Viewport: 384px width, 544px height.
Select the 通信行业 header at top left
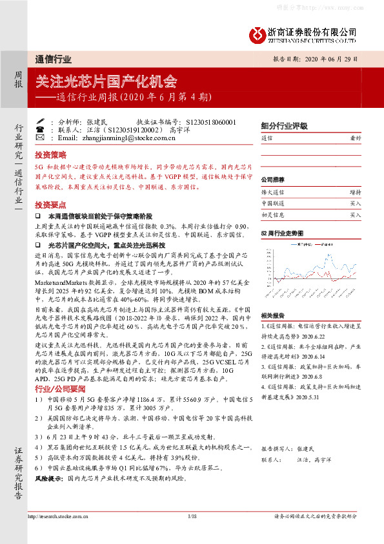tap(54, 58)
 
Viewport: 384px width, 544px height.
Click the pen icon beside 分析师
tap(39, 121)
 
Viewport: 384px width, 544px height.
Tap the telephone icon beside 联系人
tap(39, 129)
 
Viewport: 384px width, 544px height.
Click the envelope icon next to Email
tap(39, 138)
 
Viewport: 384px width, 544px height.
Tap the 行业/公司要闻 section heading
tap(60, 389)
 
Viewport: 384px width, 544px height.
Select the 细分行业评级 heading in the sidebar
tap(282, 125)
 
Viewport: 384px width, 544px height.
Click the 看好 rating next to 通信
tap(355, 138)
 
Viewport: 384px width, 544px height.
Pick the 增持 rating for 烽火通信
tap(355, 192)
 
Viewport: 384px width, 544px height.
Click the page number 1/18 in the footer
tap(191, 516)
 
